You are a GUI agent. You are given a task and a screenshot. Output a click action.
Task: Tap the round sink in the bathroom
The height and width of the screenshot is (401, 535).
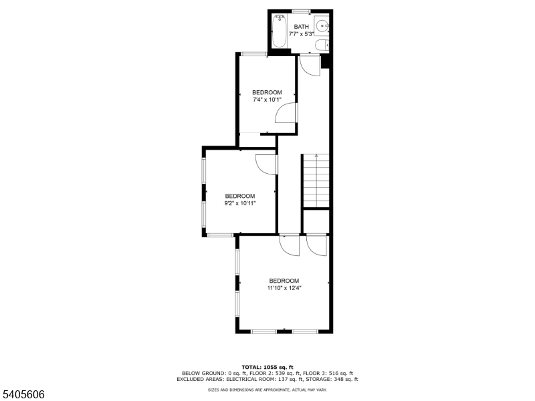[x=322, y=26]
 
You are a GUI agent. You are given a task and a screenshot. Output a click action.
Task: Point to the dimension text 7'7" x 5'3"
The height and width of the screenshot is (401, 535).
[x=301, y=34]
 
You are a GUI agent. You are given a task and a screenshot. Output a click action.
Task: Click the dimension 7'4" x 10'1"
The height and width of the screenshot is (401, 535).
[x=266, y=100]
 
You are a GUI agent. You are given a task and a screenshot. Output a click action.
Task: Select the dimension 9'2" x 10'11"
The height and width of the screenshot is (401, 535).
[x=239, y=203]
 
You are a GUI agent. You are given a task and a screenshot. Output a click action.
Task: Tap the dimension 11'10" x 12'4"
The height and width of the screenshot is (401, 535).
[x=284, y=289]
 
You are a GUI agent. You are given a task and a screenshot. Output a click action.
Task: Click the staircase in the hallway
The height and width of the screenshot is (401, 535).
[x=316, y=180]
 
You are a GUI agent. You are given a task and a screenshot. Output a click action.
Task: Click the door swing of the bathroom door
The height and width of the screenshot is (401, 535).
[x=308, y=65]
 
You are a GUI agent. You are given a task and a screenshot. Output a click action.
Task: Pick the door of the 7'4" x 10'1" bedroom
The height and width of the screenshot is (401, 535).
[x=286, y=114]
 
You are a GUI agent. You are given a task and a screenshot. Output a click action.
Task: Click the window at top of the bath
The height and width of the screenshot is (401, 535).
[x=301, y=11]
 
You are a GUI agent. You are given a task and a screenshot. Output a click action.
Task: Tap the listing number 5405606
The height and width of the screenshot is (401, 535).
[x=23, y=394]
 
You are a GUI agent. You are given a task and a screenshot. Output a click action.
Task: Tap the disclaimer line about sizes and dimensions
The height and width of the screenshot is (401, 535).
[x=267, y=389]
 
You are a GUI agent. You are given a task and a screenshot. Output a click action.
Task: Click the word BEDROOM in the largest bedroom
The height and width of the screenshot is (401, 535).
[x=284, y=281]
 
